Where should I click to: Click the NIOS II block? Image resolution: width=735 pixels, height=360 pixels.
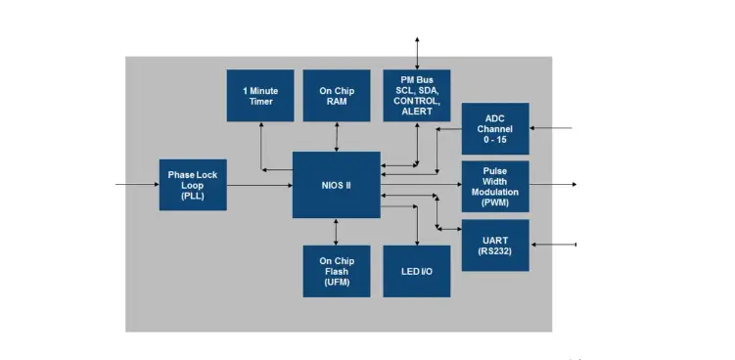click(336, 185)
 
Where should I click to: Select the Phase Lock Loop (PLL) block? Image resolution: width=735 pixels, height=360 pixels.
click(193, 184)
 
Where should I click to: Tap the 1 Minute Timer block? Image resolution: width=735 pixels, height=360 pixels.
click(260, 96)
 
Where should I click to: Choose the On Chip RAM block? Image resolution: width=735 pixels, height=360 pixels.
click(336, 96)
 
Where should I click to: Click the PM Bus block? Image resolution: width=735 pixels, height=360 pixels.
click(417, 96)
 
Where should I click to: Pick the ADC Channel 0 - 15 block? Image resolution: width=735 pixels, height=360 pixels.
click(494, 128)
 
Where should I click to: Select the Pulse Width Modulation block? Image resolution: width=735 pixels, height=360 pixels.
click(494, 186)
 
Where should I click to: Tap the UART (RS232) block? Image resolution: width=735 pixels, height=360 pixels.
click(494, 245)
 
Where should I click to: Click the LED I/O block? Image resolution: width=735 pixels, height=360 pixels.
click(417, 271)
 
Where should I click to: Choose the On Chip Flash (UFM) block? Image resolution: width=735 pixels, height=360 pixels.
click(336, 271)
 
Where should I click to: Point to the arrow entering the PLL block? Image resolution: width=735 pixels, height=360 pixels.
click(137, 184)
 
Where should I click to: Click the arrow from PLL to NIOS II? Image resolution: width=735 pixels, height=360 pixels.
click(260, 185)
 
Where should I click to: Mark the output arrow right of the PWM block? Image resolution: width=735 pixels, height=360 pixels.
click(553, 184)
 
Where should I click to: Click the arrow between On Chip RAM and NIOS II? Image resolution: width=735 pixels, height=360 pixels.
click(336, 136)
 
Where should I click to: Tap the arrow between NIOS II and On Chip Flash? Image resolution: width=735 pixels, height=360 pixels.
click(336, 232)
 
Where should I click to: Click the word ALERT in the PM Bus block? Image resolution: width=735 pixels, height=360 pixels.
click(417, 112)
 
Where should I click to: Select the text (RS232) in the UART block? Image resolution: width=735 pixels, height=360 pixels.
click(494, 251)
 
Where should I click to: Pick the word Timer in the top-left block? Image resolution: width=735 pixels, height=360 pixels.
click(260, 102)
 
